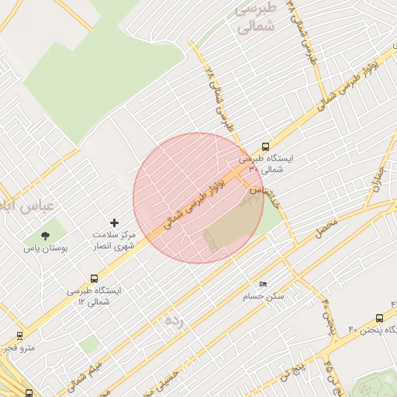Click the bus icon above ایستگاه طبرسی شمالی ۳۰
tap(266, 147)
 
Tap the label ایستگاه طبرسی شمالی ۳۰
tap(266, 163)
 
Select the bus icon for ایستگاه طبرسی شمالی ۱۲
tap(95, 278)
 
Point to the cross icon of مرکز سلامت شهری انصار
tap(115, 223)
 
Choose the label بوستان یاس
tap(45, 249)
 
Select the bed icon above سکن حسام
tap(264, 285)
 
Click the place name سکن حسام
tap(264, 296)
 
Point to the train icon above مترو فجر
tap(19, 336)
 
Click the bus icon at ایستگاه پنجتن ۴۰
tap(379, 318)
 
